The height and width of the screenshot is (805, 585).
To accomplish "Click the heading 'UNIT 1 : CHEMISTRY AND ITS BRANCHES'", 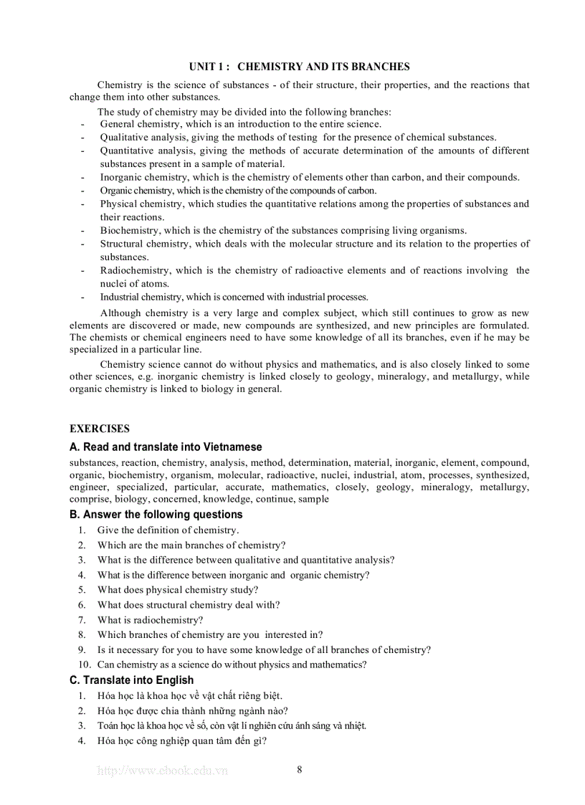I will (x=299, y=67).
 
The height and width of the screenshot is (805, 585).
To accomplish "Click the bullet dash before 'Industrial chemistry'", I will (x=82, y=297).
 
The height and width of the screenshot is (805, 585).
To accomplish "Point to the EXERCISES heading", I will (x=100, y=429).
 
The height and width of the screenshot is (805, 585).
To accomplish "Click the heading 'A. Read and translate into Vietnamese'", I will (x=166, y=447).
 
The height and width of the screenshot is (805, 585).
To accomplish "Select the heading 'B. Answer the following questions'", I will (x=156, y=515).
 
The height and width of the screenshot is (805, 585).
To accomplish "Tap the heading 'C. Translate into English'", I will (x=131, y=680).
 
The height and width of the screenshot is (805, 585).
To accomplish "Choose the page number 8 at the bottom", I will (x=299, y=770).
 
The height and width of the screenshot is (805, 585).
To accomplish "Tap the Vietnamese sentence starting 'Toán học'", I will (x=232, y=726).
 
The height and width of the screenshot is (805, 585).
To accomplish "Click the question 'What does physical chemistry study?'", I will (x=178, y=590).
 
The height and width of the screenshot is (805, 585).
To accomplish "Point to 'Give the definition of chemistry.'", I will (x=168, y=530).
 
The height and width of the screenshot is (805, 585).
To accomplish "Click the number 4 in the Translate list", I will (x=82, y=741).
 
